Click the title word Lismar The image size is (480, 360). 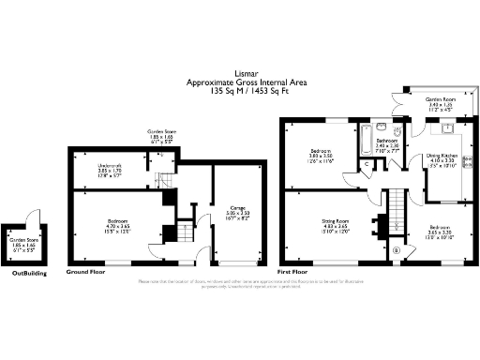tap(241, 77)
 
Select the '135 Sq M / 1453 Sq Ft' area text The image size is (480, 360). tap(241, 94)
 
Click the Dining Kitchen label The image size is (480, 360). tap(442, 158)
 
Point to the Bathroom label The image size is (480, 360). tap(389, 145)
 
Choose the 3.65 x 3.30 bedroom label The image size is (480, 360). tap(441, 231)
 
